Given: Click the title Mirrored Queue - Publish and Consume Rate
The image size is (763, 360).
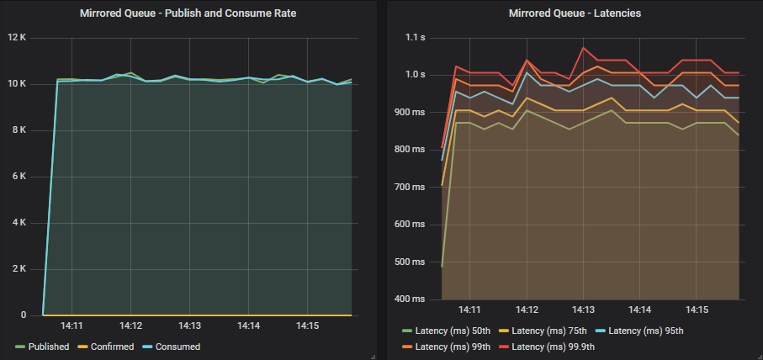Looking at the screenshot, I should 189,13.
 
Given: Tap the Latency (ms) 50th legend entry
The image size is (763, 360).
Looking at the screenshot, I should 451,330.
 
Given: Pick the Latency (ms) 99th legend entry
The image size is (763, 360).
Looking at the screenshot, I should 451,347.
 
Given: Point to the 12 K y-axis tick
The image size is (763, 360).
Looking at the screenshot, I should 18,38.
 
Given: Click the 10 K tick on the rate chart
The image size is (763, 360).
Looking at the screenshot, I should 18,84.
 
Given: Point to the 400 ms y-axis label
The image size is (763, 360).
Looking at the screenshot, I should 411,299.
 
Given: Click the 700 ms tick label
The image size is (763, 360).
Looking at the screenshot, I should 411,187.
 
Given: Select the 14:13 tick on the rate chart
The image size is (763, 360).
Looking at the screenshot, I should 189,326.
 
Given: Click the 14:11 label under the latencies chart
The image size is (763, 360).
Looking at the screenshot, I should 470,310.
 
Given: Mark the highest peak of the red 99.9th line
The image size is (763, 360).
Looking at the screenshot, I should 583,48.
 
